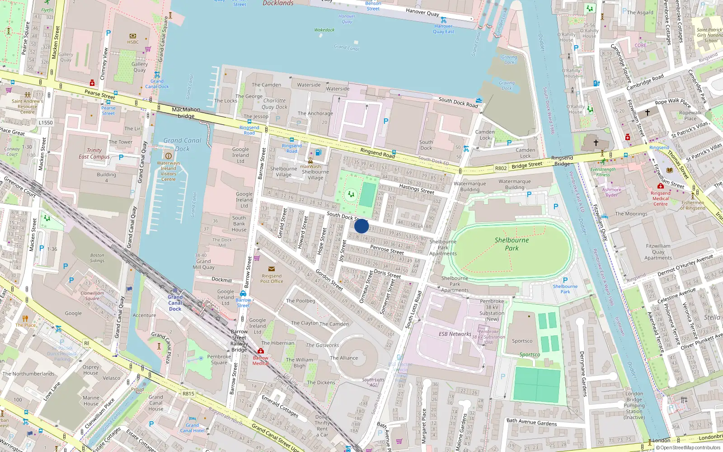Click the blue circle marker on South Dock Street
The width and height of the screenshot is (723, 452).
(x=361, y=226)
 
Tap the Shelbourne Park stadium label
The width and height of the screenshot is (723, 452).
(x=512, y=244)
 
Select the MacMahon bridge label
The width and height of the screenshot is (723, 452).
(x=186, y=113)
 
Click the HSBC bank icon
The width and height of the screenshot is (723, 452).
(x=133, y=36)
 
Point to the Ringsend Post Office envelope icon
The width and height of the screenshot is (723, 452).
(x=272, y=269)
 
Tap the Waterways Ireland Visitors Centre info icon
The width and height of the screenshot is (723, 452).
(x=169, y=156)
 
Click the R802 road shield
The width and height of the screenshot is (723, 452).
(x=501, y=168)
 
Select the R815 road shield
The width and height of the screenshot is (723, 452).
(x=188, y=394)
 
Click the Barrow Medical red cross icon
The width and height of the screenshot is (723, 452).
(x=261, y=351)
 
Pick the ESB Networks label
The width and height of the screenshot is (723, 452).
(x=455, y=334)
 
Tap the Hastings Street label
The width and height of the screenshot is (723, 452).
(x=416, y=189)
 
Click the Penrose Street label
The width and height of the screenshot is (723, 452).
(x=387, y=250)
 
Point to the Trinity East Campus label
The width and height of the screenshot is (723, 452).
(x=94, y=154)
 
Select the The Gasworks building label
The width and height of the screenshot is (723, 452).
(x=322, y=345)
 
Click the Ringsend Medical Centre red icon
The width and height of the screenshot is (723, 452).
(x=660, y=186)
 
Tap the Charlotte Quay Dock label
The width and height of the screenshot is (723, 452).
(x=274, y=104)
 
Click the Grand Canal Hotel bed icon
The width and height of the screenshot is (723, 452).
(x=192, y=419)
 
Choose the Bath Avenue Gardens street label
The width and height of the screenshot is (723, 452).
(x=531, y=422)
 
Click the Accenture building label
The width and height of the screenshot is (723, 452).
(x=144, y=315)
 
